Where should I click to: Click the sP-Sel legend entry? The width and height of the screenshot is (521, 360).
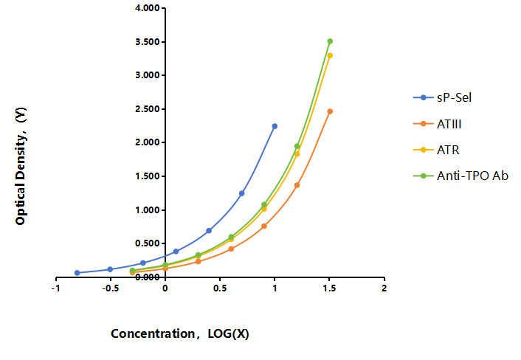tap(442, 97)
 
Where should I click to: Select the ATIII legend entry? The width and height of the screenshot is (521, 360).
tap(438, 124)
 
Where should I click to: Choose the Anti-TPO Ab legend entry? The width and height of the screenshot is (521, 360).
tap(460, 176)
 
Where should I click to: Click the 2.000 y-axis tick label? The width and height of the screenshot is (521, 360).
tap(148, 142)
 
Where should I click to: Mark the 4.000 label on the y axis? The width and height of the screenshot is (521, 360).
tap(148, 8)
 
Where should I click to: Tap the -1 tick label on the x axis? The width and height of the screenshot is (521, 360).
tap(55, 288)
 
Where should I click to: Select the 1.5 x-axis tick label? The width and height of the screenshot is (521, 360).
tap(329, 288)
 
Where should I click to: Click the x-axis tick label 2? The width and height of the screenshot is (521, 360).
tap(384, 288)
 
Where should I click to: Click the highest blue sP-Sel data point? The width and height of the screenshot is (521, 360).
tap(275, 126)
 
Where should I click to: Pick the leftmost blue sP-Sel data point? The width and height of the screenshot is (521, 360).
tap(77, 273)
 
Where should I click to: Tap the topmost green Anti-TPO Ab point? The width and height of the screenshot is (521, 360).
tap(330, 41)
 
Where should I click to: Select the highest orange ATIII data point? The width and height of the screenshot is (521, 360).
tap(330, 111)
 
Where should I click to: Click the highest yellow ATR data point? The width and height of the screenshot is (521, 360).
tap(330, 55)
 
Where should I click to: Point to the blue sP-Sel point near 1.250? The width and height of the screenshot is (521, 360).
tap(241, 193)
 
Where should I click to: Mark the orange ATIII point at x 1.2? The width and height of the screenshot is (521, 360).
tap(297, 185)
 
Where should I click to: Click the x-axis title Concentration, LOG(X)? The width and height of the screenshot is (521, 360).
tap(180, 333)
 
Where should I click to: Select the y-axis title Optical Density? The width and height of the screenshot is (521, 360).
tap(21, 166)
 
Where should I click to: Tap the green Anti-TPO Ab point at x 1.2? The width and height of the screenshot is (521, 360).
tap(297, 146)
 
